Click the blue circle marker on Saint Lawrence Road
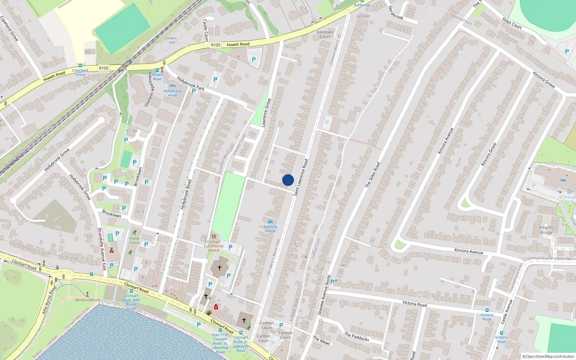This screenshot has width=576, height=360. [288, 180]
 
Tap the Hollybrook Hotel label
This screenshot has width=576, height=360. [172, 93]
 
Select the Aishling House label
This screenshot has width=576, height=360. [270, 229]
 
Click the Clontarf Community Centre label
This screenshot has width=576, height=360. [213, 246]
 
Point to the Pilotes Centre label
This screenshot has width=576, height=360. [134, 240]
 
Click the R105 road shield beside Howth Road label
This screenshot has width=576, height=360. [216, 45]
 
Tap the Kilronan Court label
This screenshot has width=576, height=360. [325, 34]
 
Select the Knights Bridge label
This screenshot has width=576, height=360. [546, 230]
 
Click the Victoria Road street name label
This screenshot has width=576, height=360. [414, 304]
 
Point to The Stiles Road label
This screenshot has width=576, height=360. [373, 175]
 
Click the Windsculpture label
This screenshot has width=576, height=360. [87, 300]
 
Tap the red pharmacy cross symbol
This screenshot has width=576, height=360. [216, 307]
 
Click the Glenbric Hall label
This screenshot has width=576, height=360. [171, 40]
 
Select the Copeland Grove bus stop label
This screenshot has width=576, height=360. [80, 72]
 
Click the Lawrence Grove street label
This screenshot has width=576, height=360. [266, 113]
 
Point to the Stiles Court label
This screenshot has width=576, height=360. [512, 23]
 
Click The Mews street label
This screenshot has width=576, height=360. [321, 340]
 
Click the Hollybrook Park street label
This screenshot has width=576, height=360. [190, 84]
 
